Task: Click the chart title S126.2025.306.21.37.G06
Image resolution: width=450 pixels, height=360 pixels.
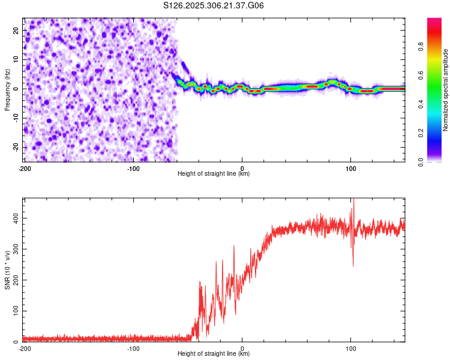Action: click(x=214, y=5)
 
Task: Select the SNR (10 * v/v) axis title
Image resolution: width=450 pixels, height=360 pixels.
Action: click(x=7, y=270)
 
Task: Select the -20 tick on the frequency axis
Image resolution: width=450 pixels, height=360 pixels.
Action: click(x=15, y=147)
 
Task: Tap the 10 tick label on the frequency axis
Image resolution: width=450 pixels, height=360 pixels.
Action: click(x=16, y=59)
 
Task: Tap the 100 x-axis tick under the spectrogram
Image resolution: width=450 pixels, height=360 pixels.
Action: click(x=351, y=168)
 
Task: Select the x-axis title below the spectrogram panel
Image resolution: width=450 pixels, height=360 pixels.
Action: click(x=214, y=174)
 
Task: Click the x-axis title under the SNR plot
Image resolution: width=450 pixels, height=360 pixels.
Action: click(x=214, y=354)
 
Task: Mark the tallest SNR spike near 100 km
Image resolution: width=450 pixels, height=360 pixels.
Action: click(x=353, y=200)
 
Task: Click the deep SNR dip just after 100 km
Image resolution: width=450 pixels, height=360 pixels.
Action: click(x=353, y=265)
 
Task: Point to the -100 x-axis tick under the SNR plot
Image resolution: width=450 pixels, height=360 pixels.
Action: click(x=133, y=348)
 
